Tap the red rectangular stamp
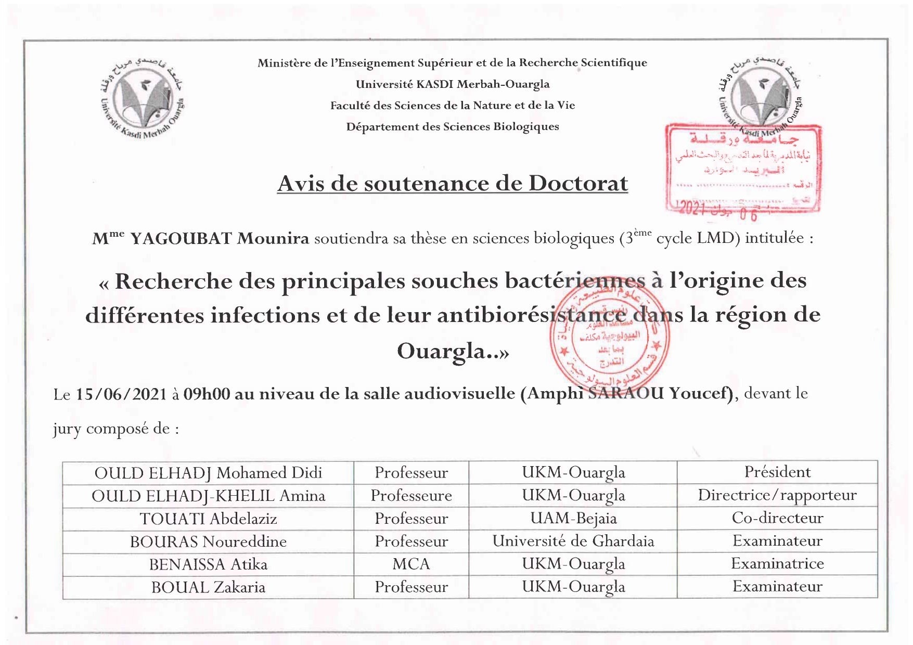743,169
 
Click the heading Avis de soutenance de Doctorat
452,183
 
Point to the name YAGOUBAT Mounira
219,238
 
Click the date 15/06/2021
121,394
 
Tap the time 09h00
207,394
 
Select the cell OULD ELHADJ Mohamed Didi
208,473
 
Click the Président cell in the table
777,472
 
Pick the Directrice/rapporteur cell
777,495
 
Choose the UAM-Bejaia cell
573,518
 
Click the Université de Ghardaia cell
573,541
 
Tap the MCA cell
411,564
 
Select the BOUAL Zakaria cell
208,587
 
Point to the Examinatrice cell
777,564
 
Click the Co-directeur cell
777,518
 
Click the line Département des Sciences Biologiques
452,127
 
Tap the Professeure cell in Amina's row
411,496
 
